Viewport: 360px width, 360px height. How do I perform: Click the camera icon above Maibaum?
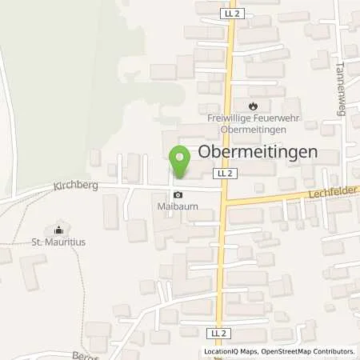tap(177, 194)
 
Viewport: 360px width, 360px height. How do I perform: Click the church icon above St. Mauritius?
tap(57, 228)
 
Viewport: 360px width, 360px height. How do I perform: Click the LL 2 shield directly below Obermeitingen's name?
tap(224, 173)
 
